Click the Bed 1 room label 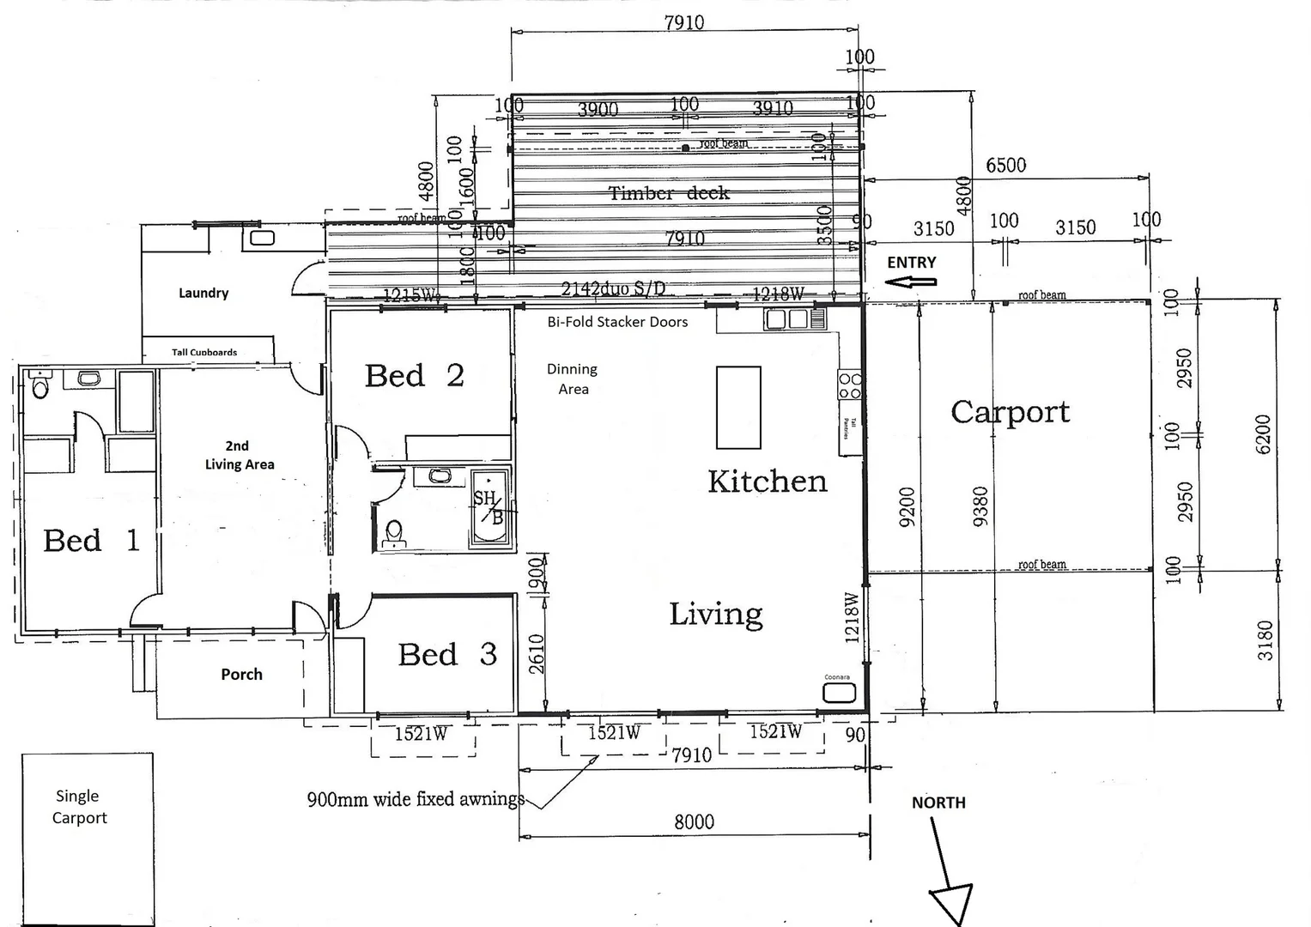pos(91,541)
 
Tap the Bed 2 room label pos(414,376)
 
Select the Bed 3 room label pos(446,655)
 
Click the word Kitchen pos(767,482)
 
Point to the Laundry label pos(203,293)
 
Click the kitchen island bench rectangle pos(738,408)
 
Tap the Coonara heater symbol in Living pos(838,693)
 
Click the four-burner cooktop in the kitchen pos(850,385)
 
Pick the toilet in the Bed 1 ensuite pos(39,387)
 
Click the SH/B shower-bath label pos(488,507)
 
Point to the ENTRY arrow pos(912,281)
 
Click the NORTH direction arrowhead pos(951,904)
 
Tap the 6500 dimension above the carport pos(1005,165)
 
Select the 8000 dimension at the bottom pos(694,822)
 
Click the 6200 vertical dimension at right pos(1262,434)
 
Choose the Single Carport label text pos(79,807)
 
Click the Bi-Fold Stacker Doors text pos(617,323)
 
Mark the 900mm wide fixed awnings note pos(415,800)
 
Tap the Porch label pos(241,675)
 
